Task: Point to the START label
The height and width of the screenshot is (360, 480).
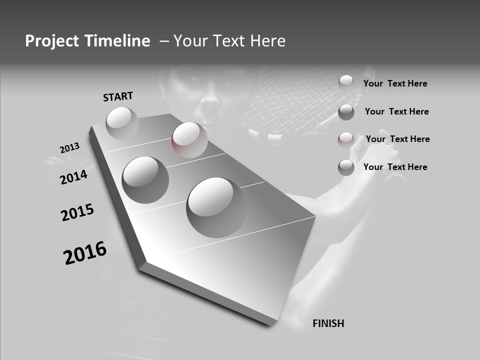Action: (118, 96)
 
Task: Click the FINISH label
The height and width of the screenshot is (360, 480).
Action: (328, 323)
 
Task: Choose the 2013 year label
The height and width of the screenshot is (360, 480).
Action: (70, 148)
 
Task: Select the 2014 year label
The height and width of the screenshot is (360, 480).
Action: (74, 177)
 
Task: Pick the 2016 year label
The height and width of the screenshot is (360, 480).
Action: (85, 253)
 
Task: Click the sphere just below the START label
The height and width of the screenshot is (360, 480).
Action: (122, 122)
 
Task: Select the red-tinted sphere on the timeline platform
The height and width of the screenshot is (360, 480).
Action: (189, 139)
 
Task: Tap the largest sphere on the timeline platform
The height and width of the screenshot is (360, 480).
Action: (216, 207)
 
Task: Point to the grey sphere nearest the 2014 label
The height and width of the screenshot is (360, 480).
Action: (145, 179)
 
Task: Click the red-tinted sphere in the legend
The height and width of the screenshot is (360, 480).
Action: (346, 139)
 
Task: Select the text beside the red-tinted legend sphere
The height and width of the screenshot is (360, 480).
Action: (397, 139)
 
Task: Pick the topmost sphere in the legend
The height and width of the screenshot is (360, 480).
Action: (346, 82)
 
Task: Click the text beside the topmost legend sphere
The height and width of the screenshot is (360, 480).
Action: (395, 83)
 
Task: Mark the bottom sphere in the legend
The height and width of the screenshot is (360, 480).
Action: (346, 167)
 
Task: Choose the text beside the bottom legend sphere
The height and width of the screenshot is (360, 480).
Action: (395, 167)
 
